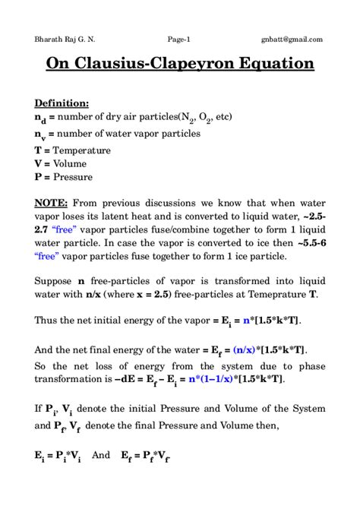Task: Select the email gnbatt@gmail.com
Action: (x=292, y=40)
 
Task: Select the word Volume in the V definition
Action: (x=70, y=163)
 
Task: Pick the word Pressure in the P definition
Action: (x=73, y=177)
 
